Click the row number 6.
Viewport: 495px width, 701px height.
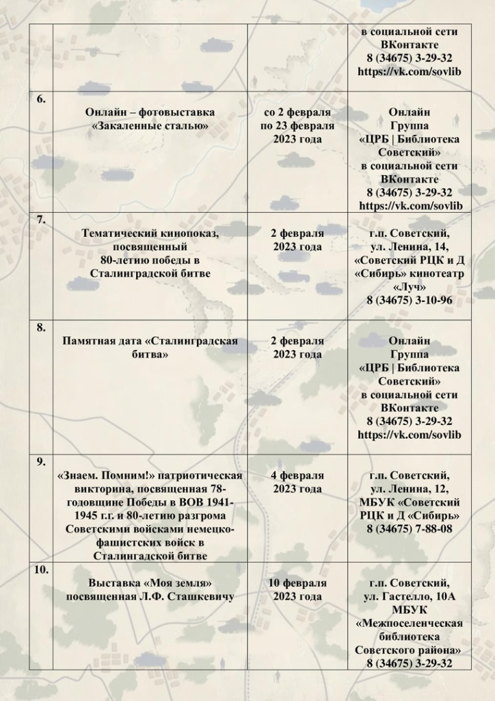41,99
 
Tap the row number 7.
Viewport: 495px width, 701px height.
41,220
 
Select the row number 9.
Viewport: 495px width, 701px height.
41,461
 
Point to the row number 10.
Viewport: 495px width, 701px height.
41,570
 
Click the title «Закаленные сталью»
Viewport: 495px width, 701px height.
150,126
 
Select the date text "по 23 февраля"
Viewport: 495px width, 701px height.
297,126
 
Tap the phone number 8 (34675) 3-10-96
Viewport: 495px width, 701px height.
409,300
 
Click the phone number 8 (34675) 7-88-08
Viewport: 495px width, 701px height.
409,528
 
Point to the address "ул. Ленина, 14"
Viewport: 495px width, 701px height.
409,247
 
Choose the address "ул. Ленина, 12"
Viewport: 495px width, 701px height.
409,489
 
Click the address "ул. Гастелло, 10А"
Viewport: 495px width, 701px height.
409,597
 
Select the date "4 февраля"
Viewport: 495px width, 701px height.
297,475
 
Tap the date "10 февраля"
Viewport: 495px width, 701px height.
297,583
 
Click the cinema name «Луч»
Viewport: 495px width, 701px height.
409,287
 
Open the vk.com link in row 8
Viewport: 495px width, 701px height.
409,435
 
